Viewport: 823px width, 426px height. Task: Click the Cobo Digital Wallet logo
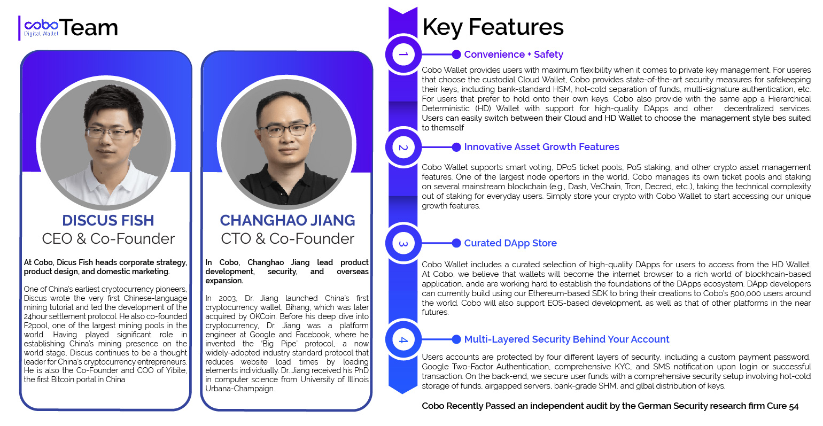tap(41, 28)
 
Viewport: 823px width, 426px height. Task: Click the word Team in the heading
tap(88, 28)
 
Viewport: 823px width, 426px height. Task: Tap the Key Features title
tap(493, 27)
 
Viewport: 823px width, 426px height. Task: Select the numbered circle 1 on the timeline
tap(403, 55)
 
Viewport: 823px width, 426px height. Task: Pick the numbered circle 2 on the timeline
tap(403, 148)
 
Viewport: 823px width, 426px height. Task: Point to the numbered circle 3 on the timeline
tap(403, 243)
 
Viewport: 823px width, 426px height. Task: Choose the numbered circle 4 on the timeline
tap(403, 339)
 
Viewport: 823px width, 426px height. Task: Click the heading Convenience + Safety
tap(513, 55)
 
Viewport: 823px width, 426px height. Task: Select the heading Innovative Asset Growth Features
tap(541, 147)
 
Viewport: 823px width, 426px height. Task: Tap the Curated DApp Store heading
tap(510, 243)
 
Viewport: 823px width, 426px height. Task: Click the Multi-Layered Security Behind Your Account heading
tap(566, 339)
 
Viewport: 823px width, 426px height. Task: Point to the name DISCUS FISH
tap(108, 221)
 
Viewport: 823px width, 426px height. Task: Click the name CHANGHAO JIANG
tap(288, 221)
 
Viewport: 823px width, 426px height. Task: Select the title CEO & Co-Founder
tap(108, 239)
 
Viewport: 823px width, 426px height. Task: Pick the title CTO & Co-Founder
tap(288, 239)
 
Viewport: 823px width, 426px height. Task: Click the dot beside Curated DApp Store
tap(456, 243)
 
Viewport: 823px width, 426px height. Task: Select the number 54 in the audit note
tap(794, 406)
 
